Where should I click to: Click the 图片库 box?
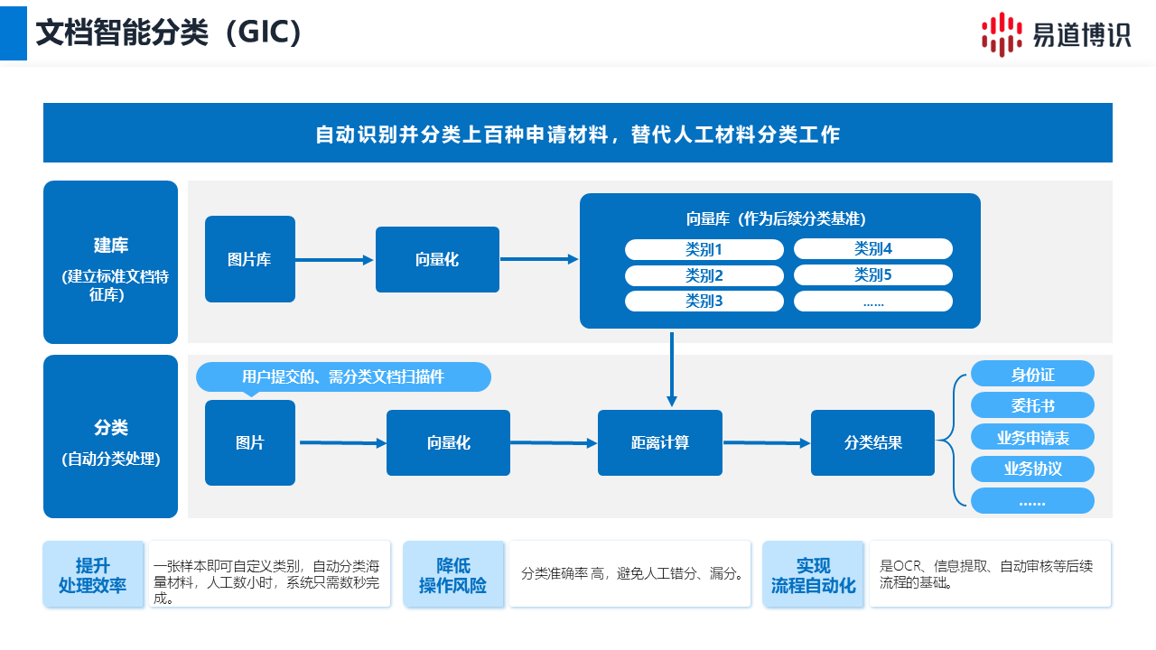pos(250,259)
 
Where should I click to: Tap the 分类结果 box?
pos(872,442)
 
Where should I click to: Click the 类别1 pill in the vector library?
pos(704,249)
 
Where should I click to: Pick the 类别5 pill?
pos(872,274)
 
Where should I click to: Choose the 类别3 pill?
pos(704,301)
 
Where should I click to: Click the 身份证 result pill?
pos(1032,374)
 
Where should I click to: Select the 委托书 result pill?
pos(1032,405)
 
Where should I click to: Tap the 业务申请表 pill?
pos(1032,437)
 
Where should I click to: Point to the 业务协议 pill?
pos(1032,469)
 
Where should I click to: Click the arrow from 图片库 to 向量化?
pos(335,260)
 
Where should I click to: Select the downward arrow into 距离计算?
pos(671,370)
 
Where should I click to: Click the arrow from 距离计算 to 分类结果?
pos(766,442)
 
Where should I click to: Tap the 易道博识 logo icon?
pos(1002,34)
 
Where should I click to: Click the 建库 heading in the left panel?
pos(110,245)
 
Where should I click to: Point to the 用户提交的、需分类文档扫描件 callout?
pos(343,376)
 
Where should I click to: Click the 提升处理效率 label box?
pos(93,575)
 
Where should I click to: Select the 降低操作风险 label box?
pos(453,575)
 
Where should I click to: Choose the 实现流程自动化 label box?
pos(813,575)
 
